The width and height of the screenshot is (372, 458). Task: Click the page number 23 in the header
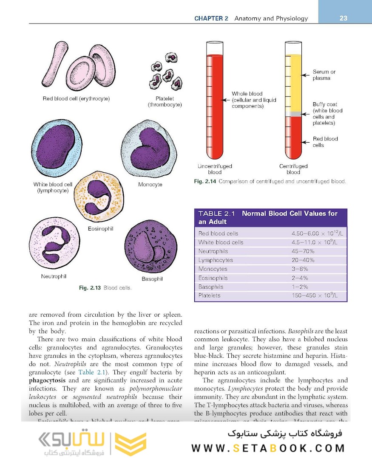pos(344,18)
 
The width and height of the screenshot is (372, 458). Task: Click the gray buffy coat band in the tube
pos(293,114)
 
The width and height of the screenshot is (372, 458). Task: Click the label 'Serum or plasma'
pos(324,75)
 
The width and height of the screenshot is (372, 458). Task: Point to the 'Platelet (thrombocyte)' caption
pos(165,101)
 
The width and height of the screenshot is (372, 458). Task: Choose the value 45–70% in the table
pos(303,251)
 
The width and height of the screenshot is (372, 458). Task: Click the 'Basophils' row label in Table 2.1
pos(210,287)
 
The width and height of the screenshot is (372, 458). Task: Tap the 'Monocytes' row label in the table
pos(213,269)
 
